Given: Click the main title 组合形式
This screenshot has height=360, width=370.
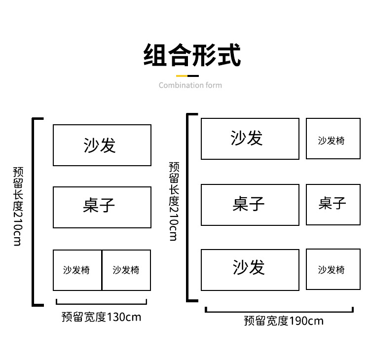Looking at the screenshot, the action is click(x=192, y=55).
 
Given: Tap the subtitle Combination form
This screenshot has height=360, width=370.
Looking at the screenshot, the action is click(x=190, y=85).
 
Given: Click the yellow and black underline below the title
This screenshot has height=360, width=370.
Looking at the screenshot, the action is click(x=187, y=76).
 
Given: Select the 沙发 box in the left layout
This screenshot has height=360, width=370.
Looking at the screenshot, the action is click(x=102, y=145).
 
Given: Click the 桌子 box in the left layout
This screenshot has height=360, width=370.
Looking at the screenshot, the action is click(x=102, y=207).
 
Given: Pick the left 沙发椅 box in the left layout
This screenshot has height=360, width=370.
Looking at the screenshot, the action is click(x=77, y=270).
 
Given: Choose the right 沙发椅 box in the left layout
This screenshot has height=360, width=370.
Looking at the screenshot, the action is click(x=126, y=270).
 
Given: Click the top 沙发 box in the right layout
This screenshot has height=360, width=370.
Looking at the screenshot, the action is click(x=250, y=139).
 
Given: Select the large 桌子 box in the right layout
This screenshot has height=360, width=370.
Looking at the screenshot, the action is click(x=250, y=205).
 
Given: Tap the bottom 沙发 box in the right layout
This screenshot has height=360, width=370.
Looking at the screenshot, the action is click(x=250, y=269).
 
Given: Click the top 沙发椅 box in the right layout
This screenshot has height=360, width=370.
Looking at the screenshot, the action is click(x=333, y=139).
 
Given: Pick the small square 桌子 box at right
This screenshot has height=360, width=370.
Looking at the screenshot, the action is click(x=333, y=204).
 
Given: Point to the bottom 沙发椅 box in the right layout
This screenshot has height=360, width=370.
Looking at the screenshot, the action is click(x=333, y=269).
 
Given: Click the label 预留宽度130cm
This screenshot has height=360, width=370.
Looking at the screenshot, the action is click(x=101, y=317).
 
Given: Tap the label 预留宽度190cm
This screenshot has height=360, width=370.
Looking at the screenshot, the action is click(x=284, y=321).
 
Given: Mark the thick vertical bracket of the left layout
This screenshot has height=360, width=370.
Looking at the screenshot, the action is click(x=34, y=212).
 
